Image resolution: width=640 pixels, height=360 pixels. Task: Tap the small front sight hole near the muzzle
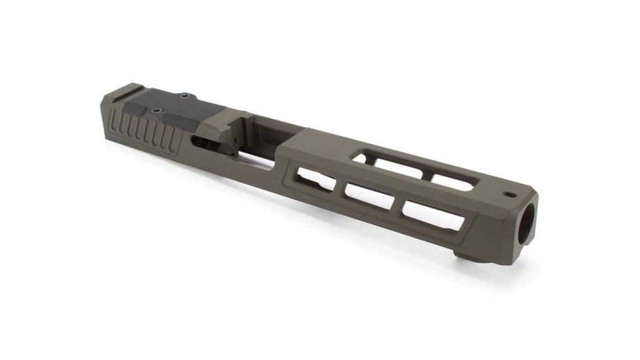tap(507, 194)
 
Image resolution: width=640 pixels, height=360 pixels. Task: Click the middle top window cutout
tap(406, 169)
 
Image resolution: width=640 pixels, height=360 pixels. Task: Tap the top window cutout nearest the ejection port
tap(367, 157)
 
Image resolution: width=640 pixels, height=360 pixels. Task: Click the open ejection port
tap(262, 134)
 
